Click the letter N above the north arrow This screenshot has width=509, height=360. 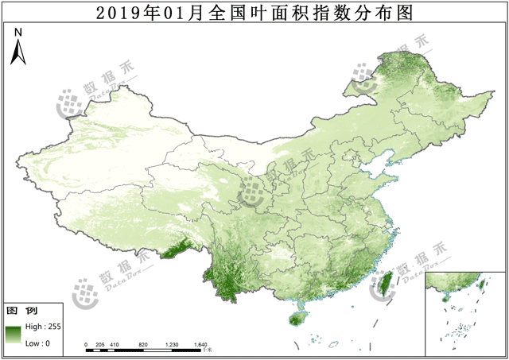[18, 32]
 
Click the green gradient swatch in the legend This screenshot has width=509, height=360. [14, 335]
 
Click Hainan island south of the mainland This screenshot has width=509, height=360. [298, 319]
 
